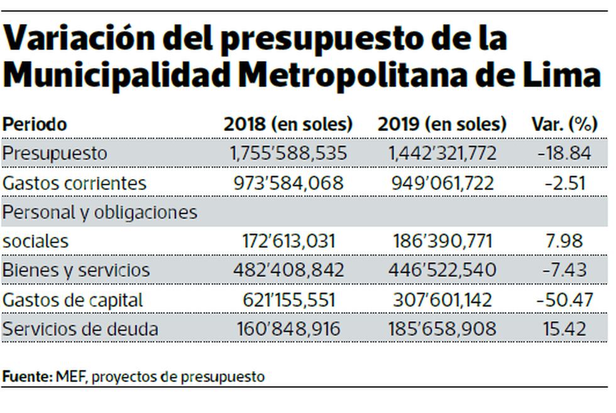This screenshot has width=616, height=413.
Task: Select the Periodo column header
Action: click(x=35, y=124)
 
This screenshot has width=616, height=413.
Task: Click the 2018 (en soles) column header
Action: click(x=289, y=124)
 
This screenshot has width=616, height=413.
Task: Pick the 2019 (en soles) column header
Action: click(x=442, y=124)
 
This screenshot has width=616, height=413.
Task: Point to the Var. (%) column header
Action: click(x=564, y=124)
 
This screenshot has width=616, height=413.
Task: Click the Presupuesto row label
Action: click(x=55, y=153)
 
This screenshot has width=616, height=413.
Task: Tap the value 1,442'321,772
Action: click(x=442, y=153)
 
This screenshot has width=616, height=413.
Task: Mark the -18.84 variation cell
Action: click(x=564, y=153)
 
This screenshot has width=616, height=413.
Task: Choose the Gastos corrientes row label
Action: click(x=74, y=183)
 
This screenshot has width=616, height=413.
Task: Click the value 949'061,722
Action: click(x=442, y=183)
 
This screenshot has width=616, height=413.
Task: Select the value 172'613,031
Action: click(x=289, y=241)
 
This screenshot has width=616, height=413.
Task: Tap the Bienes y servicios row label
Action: click(x=76, y=270)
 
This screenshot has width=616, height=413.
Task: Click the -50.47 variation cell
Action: click(x=564, y=299)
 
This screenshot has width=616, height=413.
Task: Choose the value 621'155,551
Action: click(x=289, y=299)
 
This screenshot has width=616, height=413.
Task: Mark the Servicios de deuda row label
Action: click(x=80, y=328)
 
